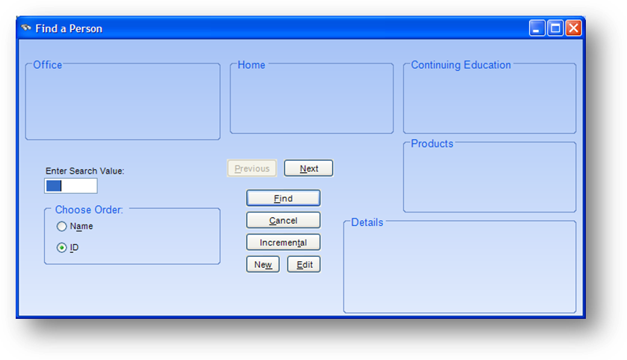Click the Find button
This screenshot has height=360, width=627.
(x=283, y=198)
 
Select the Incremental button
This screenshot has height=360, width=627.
(x=283, y=242)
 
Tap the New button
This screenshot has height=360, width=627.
(x=263, y=264)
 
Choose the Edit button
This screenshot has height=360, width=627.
(x=304, y=264)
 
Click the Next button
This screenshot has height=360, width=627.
(x=308, y=168)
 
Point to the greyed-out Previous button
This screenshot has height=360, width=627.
(x=252, y=168)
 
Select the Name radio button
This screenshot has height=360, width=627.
(x=61, y=226)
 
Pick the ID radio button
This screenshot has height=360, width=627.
(x=61, y=248)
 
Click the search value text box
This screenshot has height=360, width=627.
(x=71, y=186)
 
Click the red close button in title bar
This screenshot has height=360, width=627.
(x=573, y=28)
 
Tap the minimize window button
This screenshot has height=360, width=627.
(x=537, y=28)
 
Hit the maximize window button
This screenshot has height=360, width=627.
(x=555, y=28)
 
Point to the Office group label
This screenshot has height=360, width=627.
(x=48, y=65)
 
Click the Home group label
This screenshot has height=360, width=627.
(x=251, y=65)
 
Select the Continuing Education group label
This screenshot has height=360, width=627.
(x=461, y=65)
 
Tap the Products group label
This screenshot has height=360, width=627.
(x=432, y=144)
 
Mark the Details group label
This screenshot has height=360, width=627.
(x=367, y=222)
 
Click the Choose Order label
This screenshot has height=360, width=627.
(x=89, y=210)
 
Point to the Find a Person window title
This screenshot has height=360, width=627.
(x=69, y=28)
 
